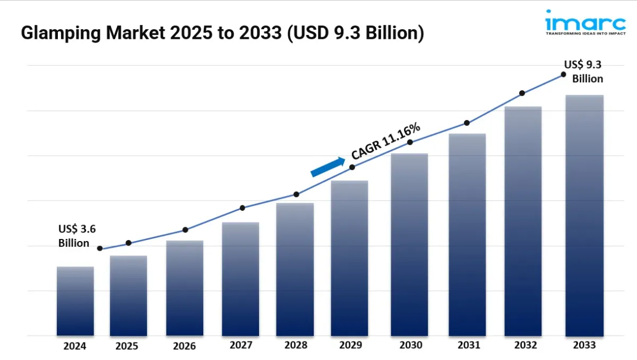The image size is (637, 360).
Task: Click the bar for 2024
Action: [x=75, y=301]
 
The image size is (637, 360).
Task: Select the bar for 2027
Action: [x=240, y=279]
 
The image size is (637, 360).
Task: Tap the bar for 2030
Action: [x=409, y=244]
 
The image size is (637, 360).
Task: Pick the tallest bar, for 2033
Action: [x=584, y=215]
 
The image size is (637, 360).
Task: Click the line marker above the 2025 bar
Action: [x=128, y=243]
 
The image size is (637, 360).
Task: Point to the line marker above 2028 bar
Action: [x=296, y=194]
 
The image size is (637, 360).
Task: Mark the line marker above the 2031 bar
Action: [x=467, y=123]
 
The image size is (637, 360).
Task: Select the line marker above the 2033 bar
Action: [x=563, y=75]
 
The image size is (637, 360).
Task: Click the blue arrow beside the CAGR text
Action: [x=328, y=166]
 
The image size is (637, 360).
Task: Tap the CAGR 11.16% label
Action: [x=386, y=141]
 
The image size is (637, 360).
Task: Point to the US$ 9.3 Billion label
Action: [x=584, y=72]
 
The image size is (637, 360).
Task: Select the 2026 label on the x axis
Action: [x=184, y=346]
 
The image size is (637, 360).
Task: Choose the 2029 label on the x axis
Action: [x=351, y=345]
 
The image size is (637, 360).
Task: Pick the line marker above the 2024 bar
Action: [x=100, y=248]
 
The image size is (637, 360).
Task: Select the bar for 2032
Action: [x=523, y=221]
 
